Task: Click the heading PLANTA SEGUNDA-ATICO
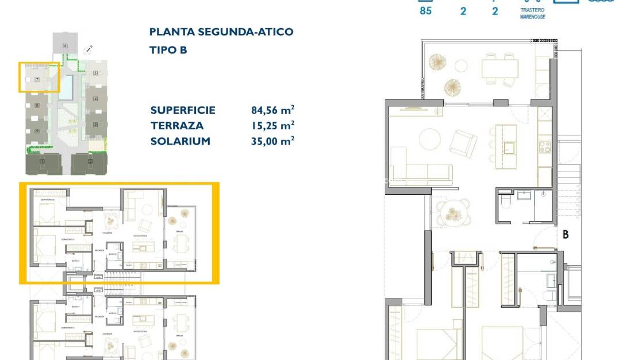221,32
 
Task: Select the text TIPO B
168,50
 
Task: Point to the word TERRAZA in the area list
176,125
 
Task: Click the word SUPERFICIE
183,110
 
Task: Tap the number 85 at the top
425,10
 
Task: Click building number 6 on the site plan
65,45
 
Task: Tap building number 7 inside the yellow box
37,80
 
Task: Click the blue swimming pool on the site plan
68,87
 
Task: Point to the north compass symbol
88,50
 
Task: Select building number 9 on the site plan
37,131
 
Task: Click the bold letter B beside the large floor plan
566,235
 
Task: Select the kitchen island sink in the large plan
509,147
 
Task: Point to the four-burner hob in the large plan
544,147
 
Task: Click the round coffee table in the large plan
431,139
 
